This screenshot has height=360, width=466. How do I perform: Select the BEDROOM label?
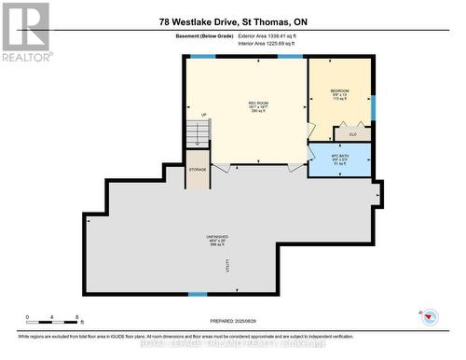[x=339, y=92]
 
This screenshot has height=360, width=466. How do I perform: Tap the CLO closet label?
[x=353, y=134]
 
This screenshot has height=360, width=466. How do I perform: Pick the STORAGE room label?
[x=198, y=170]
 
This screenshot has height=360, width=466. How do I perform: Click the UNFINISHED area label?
[x=218, y=239]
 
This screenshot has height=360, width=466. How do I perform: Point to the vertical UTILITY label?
[x=226, y=267]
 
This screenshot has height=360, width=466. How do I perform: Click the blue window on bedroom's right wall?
[x=373, y=107]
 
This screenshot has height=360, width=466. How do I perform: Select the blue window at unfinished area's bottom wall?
[x=198, y=295]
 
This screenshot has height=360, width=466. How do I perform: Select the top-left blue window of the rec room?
[x=202, y=57]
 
